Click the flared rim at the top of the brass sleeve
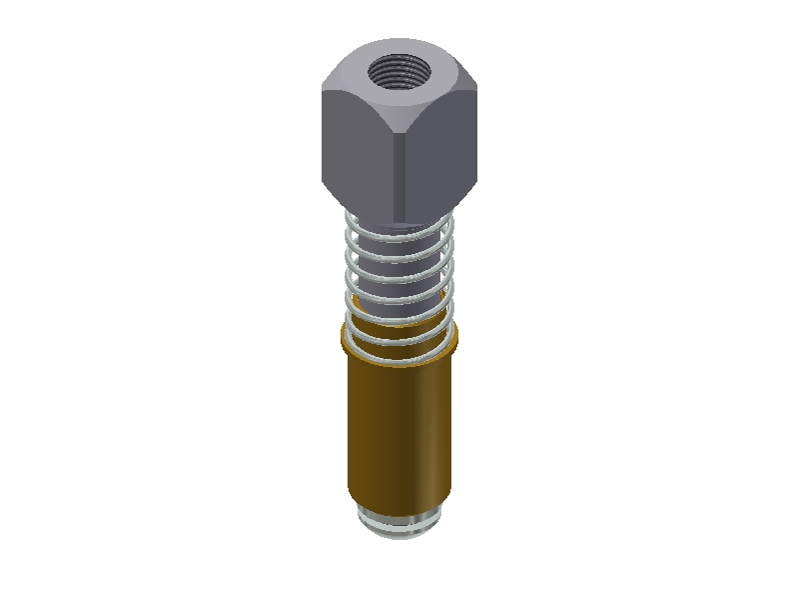click(x=349, y=340)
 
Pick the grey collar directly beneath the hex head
click(x=399, y=227)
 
